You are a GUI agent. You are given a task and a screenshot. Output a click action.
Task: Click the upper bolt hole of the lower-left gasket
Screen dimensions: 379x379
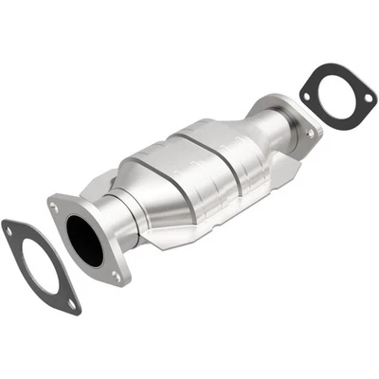pos(11,227)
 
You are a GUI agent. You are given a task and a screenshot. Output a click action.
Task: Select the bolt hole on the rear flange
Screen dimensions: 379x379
pos(310,135)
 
